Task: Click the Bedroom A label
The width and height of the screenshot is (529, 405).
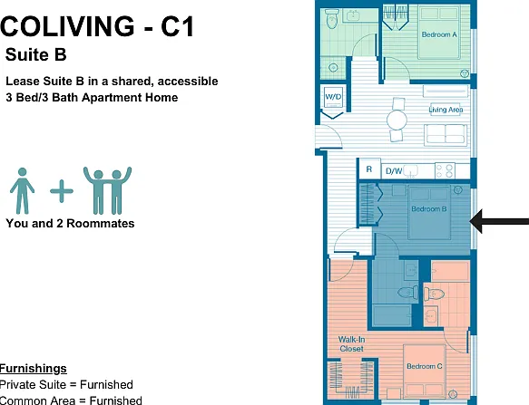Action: click(439, 34)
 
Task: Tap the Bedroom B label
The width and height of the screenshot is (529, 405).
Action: click(429, 209)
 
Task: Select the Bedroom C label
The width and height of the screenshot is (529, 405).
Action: click(424, 366)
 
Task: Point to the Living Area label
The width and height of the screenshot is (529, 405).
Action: click(446, 110)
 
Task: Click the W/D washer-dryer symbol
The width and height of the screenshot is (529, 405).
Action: click(333, 97)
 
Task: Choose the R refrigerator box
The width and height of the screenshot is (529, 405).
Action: click(369, 169)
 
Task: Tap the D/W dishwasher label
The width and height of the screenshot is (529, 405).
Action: click(394, 171)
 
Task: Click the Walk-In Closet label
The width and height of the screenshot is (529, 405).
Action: click(351, 344)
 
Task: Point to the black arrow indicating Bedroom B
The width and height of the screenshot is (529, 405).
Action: click(499, 221)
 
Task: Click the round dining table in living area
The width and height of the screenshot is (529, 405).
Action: click(397, 120)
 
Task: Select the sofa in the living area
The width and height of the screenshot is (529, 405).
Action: click(446, 135)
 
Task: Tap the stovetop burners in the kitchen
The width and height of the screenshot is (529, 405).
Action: click(445, 170)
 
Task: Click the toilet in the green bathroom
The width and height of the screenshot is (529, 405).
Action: click(332, 19)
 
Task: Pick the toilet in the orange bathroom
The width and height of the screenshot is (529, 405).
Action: click(435, 294)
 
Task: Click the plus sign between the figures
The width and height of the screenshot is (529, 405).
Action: click(62, 191)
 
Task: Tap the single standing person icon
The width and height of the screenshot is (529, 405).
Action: click(23, 191)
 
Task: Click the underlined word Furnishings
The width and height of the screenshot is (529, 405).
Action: click(33, 369)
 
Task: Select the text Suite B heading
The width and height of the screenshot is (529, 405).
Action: click(35, 54)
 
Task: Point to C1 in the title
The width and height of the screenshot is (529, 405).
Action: click(177, 26)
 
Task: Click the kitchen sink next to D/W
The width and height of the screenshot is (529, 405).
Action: click(411, 171)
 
